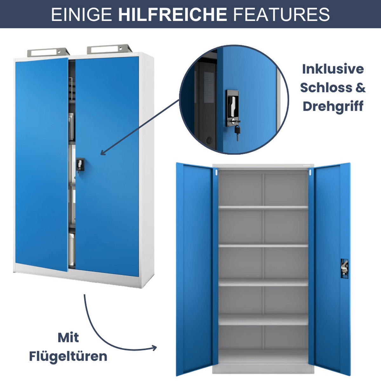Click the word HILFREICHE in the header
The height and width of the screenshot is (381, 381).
[172, 15]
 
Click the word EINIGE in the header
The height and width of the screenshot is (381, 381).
[82, 15]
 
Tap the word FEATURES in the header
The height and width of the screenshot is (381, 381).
[281, 15]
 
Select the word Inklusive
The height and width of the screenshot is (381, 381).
[333, 69]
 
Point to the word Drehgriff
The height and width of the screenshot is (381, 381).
[333, 106]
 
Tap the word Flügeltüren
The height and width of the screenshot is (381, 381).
[68, 356]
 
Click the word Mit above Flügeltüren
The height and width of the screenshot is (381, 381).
[68, 338]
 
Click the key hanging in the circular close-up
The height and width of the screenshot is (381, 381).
[237, 132]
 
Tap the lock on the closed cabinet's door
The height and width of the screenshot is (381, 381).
[80, 164]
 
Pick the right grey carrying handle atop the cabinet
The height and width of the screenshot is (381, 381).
[109, 49]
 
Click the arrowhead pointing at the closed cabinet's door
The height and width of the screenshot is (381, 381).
[103, 153]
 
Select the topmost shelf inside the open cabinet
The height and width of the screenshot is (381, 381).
[263, 207]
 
